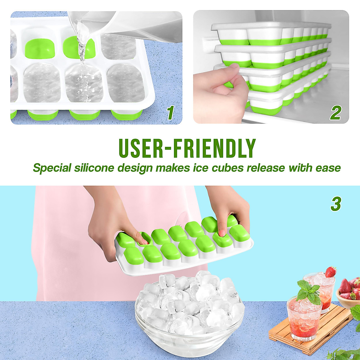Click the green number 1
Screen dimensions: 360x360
coord(170,113)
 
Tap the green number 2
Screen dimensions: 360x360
coord(336,113)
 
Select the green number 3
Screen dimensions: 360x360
coord(336,204)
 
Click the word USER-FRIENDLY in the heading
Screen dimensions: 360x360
coord(187,148)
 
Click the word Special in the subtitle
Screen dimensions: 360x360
coord(52,168)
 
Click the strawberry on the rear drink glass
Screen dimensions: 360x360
coord(331,272)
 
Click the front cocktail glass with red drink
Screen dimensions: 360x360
coord(304,318)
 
